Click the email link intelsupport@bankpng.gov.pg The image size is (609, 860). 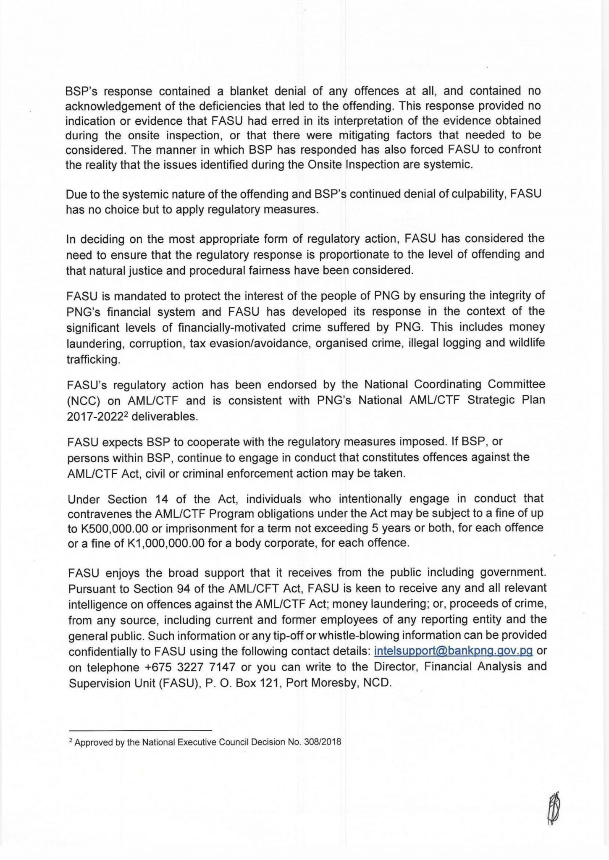click(x=453, y=651)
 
